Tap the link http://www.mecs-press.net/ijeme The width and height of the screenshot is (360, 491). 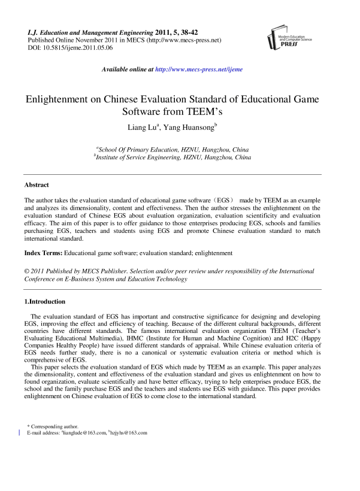click(x=199, y=69)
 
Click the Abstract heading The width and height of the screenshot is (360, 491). click(x=37, y=185)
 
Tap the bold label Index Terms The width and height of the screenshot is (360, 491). click(x=43, y=254)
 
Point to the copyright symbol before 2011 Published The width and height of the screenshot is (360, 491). click(x=27, y=271)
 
